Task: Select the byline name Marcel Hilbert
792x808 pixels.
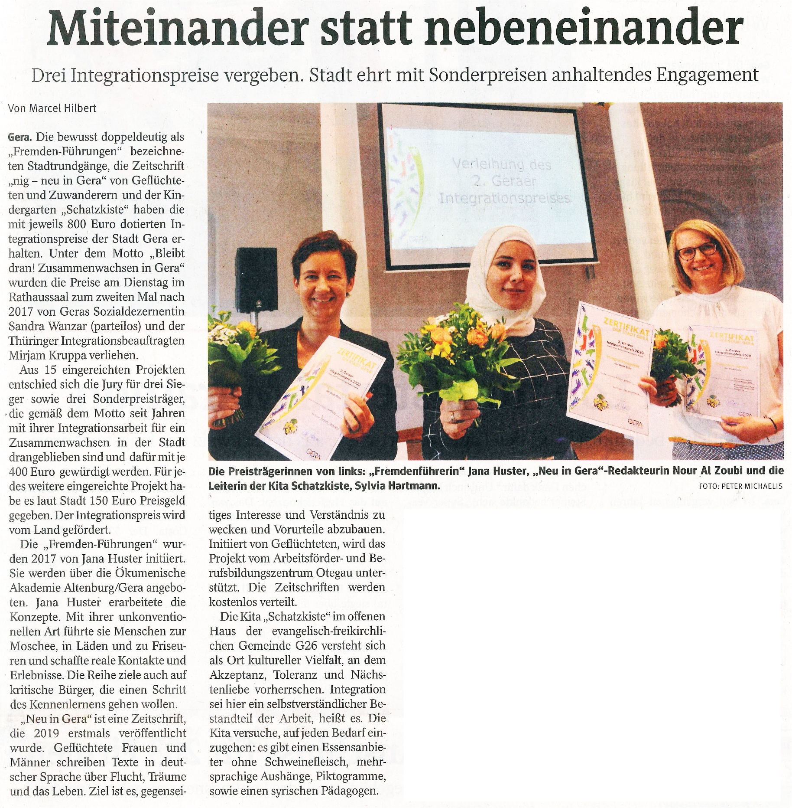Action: [63, 108]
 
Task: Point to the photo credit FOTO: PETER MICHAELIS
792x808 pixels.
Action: [740, 486]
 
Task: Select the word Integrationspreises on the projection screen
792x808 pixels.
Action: [505, 199]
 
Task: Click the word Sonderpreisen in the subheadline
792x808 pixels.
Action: [487, 75]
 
